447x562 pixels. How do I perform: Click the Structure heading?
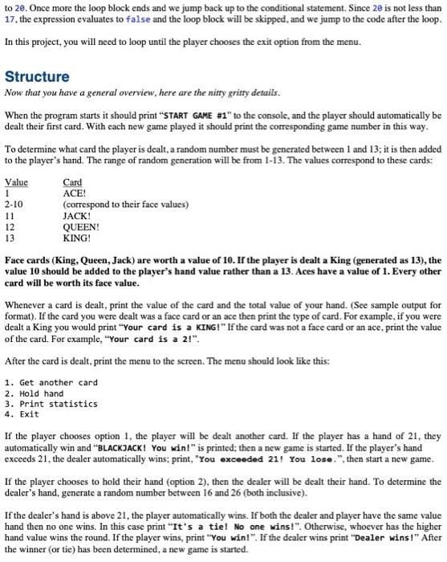point(37,77)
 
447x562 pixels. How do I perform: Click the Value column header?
point(16,182)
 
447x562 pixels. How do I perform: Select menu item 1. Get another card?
point(51,382)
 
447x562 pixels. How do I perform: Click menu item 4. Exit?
point(23,414)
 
